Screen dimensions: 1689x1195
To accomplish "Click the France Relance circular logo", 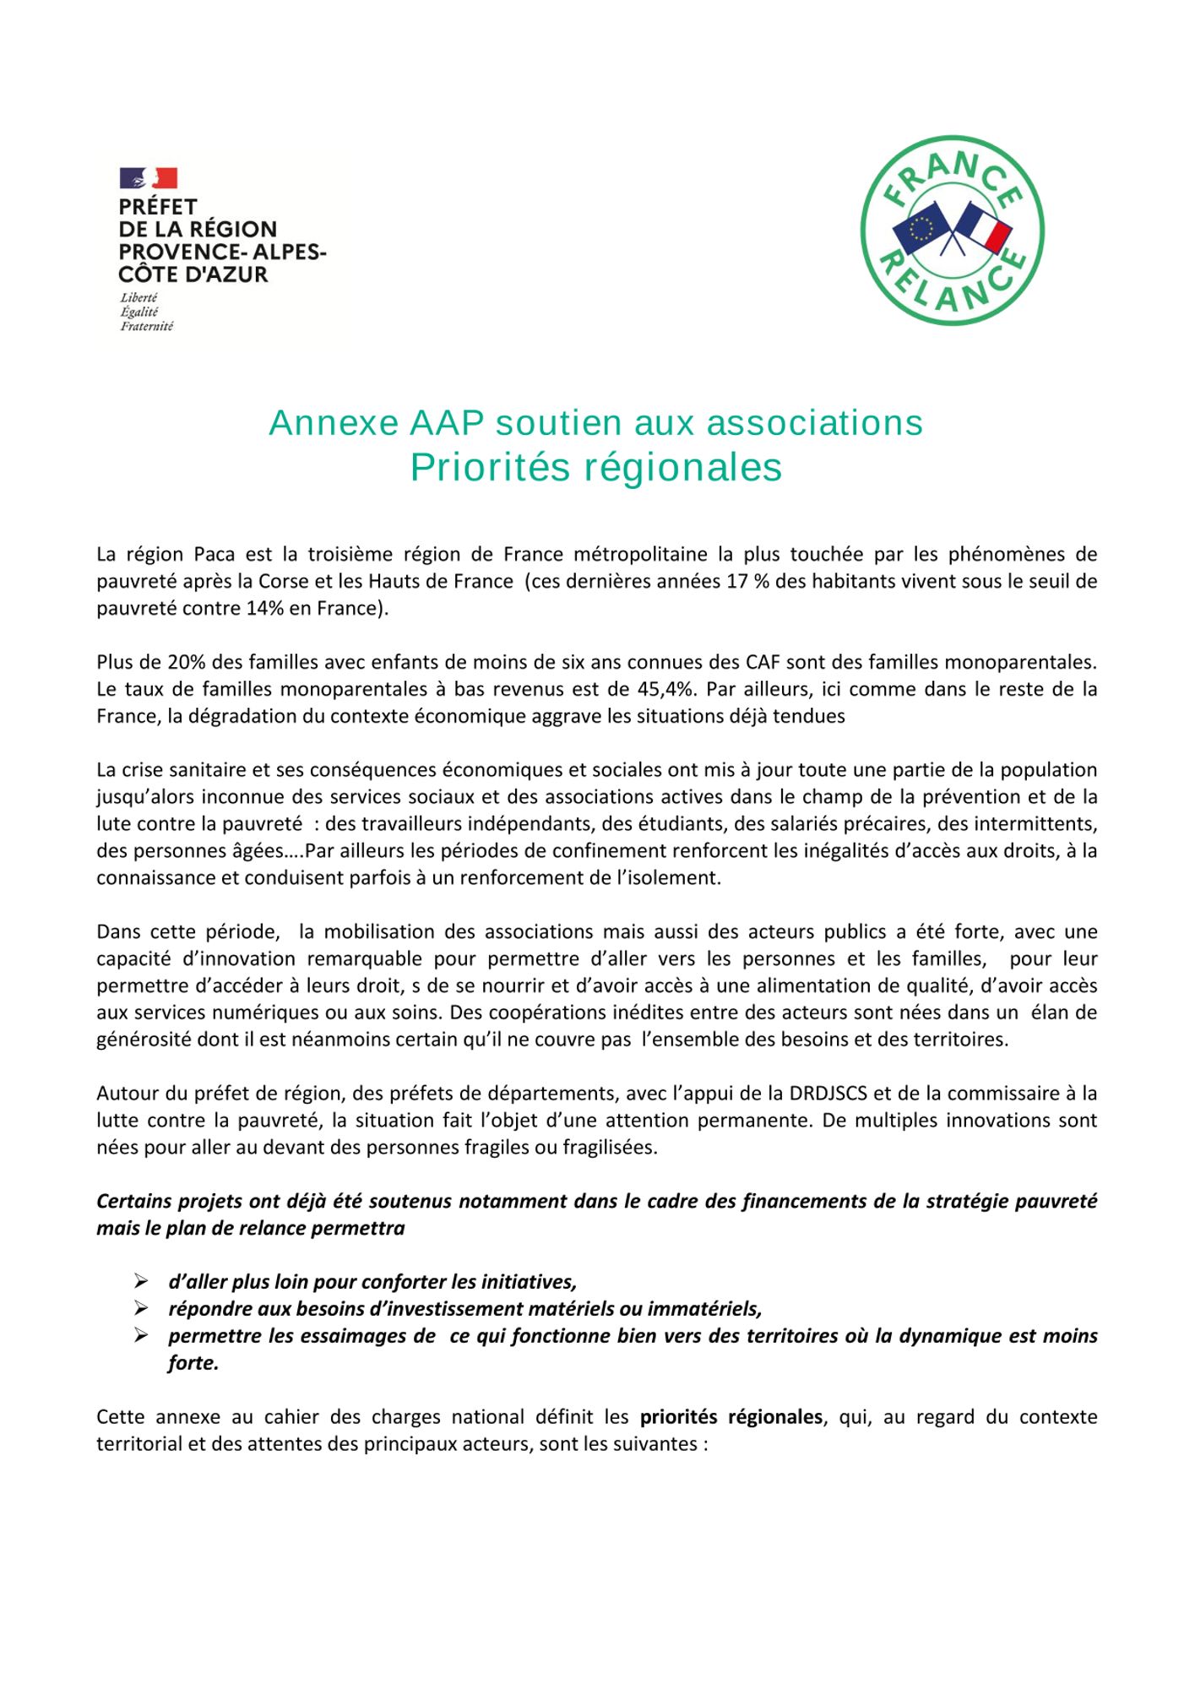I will coord(952,231).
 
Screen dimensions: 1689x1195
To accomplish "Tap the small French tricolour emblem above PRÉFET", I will coord(149,178).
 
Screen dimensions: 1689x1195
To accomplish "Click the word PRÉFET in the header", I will coord(158,207).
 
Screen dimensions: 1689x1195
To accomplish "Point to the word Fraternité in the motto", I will coord(147,327).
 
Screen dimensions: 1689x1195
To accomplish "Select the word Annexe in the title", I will coord(334,423).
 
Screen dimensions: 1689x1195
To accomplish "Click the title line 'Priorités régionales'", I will coord(596,468).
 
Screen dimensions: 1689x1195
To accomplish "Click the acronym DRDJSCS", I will coord(828,1094).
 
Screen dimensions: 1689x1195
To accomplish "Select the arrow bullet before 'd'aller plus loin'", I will coord(141,1282).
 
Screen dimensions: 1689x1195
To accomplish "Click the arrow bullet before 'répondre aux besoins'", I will coord(141,1309).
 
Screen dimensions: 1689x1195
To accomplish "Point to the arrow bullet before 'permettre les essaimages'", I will coord(141,1336).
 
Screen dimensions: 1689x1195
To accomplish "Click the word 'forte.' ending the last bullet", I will coord(193,1363).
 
